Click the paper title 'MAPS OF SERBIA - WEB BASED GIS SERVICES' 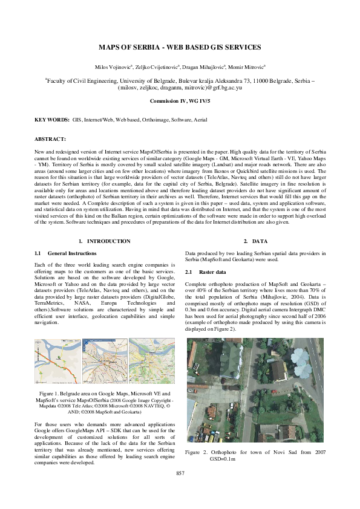pyautogui.click(x=180, y=47)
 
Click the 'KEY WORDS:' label pyautogui.click(x=51, y=120)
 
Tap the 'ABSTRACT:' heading pyautogui.click(x=50, y=139)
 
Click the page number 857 pyautogui.click(x=180, y=472)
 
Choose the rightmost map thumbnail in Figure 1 pyautogui.click(x=151, y=361)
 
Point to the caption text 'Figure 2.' pyautogui.click(x=197, y=452)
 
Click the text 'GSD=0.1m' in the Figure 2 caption pyautogui.click(x=222, y=459)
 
